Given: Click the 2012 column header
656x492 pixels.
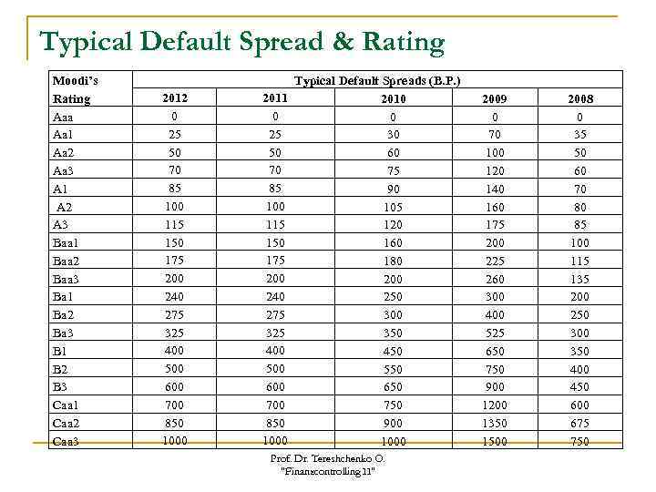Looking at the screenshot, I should (x=175, y=97).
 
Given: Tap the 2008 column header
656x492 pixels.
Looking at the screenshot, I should (x=579, y=98).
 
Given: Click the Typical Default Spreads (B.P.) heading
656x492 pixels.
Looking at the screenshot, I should (x=377, y=81).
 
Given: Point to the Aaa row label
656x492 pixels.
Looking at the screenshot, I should (x=64, y=117).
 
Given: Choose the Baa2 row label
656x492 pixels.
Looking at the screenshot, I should (x=67, y=261).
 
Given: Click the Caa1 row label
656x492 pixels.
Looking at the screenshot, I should (x=67, y=405).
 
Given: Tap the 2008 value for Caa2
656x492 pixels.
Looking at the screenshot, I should (x=579, y=424).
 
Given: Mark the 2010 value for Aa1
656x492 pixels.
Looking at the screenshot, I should (x=393, y=135).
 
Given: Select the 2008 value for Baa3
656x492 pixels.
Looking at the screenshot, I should (x=579, y=280).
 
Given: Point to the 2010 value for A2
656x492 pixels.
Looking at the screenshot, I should (x=393, y=207).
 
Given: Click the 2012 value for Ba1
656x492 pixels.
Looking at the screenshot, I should (x=174, y=296).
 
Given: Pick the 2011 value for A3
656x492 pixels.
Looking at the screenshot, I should (x=274, y=224).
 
